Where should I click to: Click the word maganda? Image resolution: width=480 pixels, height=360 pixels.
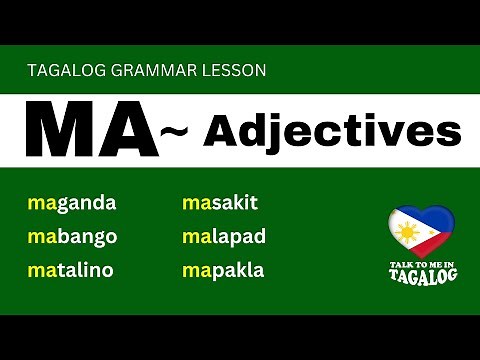pyautogui.click(x=72, y=204)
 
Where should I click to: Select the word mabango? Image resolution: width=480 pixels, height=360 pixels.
pyautogui.click(x=73, y=237)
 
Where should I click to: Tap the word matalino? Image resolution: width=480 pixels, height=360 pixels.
pyautogui.click(x=71, y=270)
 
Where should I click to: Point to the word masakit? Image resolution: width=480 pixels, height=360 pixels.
pyautogui.click(x=220, y=204)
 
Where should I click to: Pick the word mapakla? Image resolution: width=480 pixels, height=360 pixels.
pyautogui.click(x=223, y=270)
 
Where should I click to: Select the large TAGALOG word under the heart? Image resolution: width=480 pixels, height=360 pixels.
pyautogui.click(x=420, y=276)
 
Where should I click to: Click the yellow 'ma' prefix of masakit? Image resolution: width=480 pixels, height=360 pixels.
pyautogui.click(x=194, y=204)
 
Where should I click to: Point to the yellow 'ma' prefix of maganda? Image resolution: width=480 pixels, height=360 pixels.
pyautogui.click(x=41, y=204)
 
